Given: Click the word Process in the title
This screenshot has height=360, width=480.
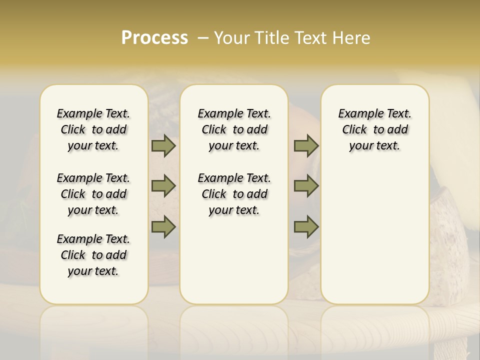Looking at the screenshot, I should tap(154, 38).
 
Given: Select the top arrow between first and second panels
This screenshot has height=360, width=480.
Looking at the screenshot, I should tap(163, 146).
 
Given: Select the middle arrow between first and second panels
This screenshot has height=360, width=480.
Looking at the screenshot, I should tap(163, 186).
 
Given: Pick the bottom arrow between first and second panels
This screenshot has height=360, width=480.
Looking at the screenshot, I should tap(163, 227).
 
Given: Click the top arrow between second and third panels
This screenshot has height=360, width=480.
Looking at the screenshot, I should tap(306, 146).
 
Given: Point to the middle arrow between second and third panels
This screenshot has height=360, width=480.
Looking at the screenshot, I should tap(306, 186).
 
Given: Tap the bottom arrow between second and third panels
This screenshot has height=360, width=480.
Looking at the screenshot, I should tap(306, 227).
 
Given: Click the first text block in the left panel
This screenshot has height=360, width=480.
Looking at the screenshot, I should tap(93, 129).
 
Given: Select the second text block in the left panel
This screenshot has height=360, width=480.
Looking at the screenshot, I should tap(93, 194).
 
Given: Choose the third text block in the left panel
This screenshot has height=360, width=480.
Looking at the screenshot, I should tap(93, 255).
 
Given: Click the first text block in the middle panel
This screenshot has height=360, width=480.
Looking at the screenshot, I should tap(234, 129).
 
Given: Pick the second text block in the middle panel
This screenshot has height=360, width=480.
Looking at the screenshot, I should tap(234, 194).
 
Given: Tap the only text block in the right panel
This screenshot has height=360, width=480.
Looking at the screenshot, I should tap(375, 129).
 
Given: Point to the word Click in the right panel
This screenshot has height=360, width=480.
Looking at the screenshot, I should tap(354, 130).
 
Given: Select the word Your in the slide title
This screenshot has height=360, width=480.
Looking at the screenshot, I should tap(232, 38).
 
